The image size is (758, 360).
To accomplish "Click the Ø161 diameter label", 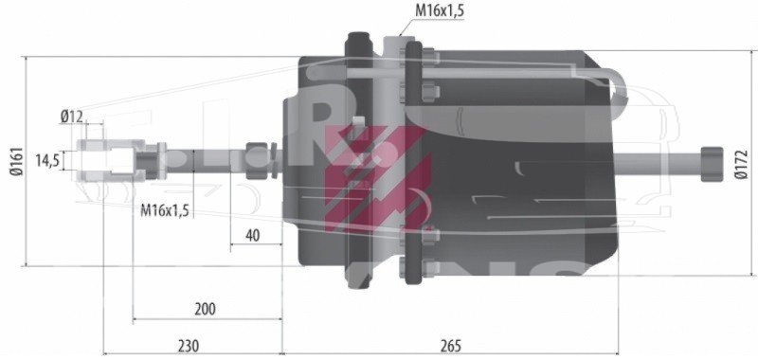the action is point(16,161).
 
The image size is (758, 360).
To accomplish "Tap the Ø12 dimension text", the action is point(72,116).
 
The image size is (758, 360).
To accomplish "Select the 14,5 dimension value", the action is point(47,160).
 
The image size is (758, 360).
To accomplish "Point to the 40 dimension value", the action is point(252,235).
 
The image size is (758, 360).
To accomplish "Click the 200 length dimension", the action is point(205,309).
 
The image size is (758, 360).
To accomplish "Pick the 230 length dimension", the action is point(189,346).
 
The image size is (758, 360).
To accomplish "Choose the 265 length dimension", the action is point(451,346).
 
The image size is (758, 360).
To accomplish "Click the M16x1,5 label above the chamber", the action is point(440,11).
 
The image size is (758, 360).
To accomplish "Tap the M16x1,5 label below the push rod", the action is point(164,210).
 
